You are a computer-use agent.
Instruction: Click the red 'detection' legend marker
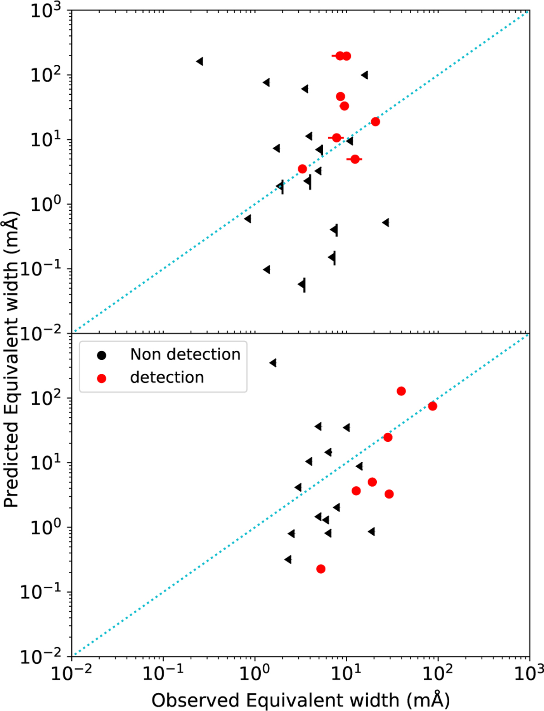coord(102,378)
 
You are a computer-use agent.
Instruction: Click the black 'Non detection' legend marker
coord(102,355)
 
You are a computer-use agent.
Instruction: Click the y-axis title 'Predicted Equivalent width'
coord(11,358)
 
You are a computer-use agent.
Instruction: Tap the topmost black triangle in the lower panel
coord(273,363)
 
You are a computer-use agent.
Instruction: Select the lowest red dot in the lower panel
coord(321,569)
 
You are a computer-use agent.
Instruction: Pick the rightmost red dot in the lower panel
coord(432,406)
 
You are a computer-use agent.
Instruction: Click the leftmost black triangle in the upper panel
coord(199,61)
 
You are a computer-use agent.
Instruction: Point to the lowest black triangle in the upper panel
coord(302,285)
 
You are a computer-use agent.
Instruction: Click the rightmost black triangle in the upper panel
coord(386,222)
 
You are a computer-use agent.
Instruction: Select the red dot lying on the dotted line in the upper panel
coord(375,121)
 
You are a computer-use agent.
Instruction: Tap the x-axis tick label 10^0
coord(254,674)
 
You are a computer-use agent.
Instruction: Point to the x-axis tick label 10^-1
coord(163,674)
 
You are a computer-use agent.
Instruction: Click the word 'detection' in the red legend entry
coord(167,377)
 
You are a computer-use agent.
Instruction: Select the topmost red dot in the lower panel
coord(401,391)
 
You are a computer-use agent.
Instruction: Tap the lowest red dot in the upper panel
coord(302,169)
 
